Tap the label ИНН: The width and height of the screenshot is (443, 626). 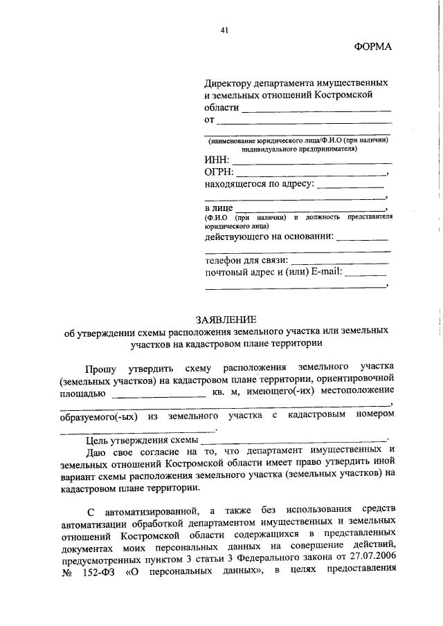(x=217, y=160)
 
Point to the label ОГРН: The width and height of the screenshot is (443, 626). (x=220, y=172)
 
